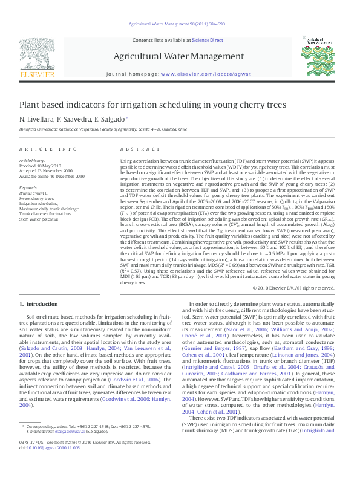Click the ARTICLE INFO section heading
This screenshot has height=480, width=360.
click(x=48, y=149)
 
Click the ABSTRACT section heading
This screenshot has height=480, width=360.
click(x=136, y=149)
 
